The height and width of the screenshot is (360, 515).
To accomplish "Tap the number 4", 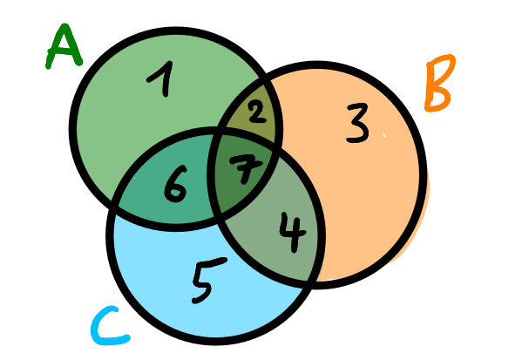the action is tap(294, 233).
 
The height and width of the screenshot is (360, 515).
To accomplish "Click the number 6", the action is tap(175, 185).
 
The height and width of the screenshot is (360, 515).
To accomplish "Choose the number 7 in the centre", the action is tap(245, 167).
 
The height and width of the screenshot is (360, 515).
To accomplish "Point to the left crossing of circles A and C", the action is tap(115, 207).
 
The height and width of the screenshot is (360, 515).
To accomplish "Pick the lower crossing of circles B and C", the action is tap(311, 282).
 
